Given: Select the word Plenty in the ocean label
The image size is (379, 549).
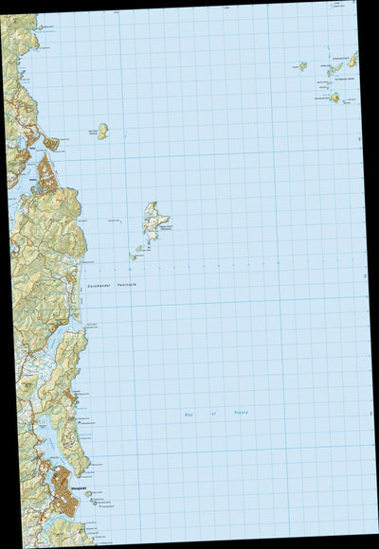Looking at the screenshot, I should [241, 414].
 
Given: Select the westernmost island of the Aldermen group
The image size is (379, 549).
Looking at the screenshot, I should [302, 66].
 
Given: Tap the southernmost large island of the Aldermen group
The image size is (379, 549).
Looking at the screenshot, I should [335, 97].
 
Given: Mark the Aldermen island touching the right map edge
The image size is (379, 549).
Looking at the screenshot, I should [352, 60].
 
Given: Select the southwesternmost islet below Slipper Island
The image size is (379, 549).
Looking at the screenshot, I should [134, 257].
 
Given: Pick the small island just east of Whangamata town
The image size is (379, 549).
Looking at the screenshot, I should [88, 493].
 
